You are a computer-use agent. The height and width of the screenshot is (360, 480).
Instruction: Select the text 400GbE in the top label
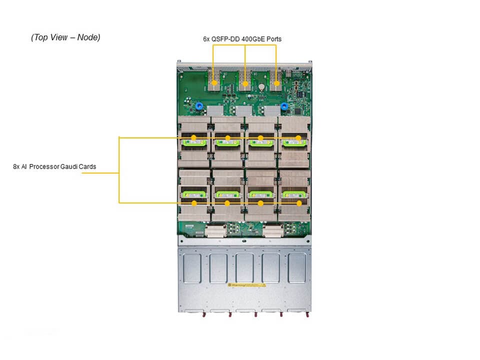[254, 38]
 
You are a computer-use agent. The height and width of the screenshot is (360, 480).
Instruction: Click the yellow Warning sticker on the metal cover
[246, 285]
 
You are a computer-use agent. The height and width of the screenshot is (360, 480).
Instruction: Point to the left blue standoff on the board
[198, 106]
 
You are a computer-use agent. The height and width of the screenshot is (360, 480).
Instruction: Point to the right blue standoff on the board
[284, 106]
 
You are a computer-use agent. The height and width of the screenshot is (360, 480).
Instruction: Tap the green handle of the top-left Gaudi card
[194, 143]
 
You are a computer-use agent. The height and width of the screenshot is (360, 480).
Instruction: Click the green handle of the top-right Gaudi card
[294, 143]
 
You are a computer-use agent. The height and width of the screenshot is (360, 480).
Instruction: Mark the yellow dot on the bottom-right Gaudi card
[299, 203]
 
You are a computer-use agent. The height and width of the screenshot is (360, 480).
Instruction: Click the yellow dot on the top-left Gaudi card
[194, 137]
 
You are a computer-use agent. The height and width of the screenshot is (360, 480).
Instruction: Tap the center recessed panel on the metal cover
[244, 268]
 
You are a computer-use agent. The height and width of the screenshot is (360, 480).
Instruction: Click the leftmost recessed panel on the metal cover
[192, 268]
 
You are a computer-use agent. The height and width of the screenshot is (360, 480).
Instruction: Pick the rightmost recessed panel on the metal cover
[296, 268]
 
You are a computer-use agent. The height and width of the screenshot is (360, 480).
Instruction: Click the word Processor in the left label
[44, 166]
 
